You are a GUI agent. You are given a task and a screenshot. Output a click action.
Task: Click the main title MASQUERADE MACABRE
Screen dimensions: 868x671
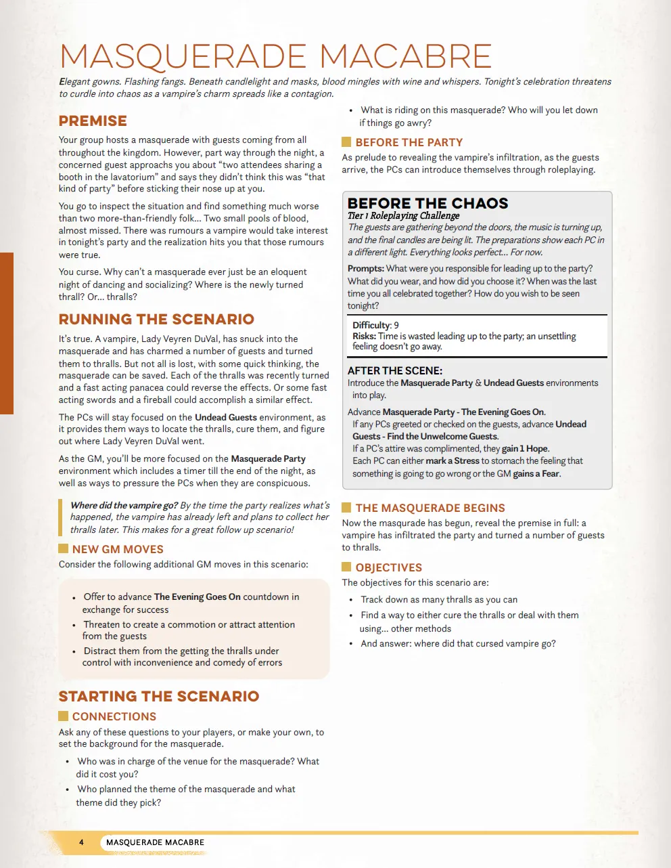pyautogui.click(x=275, y=56)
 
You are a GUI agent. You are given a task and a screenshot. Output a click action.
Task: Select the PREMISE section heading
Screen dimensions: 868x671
pyautogui.click(x=93, y=121)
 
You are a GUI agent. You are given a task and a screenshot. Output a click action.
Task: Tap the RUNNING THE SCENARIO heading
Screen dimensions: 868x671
pyautogui.click(x=156, y=320)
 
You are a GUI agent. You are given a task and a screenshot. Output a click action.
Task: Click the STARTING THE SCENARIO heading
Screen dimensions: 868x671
pyautogui.click(x=159, y=697)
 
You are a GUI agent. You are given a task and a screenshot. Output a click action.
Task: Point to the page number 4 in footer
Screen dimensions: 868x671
pyautogui.click(x=81, y=842)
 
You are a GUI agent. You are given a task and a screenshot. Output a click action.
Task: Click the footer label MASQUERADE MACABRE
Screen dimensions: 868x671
pyautogui.click(x=155, y=842)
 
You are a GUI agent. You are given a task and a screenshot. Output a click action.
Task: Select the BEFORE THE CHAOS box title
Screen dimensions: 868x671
pyautogui.click(x=427, y=203)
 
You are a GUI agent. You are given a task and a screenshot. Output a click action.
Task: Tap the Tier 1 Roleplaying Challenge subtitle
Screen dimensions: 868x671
pyautogui.click(x=403, y=215)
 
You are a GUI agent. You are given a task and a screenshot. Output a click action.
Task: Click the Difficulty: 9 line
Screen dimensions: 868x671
pyautogui.click(x=375, y=325)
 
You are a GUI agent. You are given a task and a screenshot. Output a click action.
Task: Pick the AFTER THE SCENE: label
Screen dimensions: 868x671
pyautogui.click(x=395, y=370)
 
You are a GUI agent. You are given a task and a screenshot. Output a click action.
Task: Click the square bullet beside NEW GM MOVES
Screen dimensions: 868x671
pyautogui.click(x=64, y=548)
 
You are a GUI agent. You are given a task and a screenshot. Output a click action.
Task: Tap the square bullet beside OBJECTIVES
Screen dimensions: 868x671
pyautogui.click(x=346, y=567)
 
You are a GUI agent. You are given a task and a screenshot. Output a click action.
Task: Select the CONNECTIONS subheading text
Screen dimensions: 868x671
pyautogui.click(x=114, y=716)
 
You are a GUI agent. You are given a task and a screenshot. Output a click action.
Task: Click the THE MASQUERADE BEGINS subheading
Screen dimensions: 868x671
pyautogui.click(x=430, y=508)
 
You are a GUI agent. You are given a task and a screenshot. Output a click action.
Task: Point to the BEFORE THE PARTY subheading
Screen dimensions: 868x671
pyautogui.click(x=409, y=142)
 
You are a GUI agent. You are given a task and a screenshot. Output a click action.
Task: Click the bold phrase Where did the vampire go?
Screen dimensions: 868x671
pyautogui.click(x=124, y=505)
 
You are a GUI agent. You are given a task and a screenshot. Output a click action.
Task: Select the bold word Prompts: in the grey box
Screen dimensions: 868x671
pyautogui.click(x=366, y=269)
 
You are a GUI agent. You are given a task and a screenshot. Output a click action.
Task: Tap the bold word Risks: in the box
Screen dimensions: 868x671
pyautogui.click(x=364, y=336)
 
